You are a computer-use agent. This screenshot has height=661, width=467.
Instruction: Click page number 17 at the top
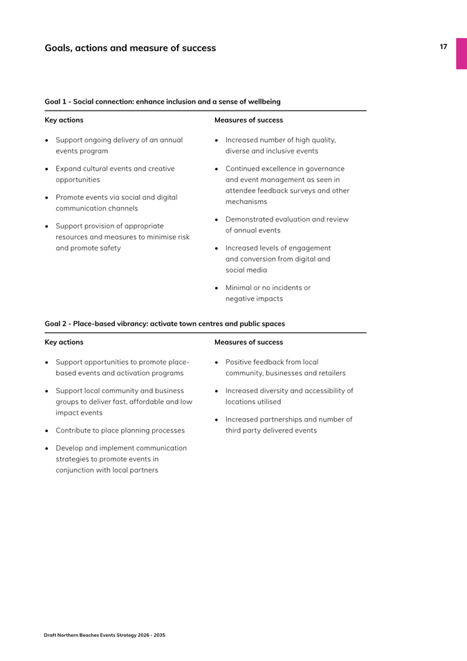443,47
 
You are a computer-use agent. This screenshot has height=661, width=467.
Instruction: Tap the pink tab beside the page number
461,53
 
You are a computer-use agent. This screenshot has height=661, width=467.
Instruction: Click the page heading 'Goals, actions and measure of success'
130,48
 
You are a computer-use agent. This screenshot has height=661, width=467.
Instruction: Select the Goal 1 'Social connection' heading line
163,102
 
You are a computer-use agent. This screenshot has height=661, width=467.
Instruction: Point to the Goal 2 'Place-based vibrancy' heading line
165,323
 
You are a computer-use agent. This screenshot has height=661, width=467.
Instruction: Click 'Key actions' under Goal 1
64,120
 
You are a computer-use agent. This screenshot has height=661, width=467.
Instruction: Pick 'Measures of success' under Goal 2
248,342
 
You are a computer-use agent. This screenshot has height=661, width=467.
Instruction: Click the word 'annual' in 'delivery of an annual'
170,140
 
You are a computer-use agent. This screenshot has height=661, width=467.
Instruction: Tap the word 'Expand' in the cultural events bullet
69,168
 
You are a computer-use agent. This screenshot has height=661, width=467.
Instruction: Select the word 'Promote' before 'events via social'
71,197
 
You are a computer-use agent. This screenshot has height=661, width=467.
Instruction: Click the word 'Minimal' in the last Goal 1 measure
239,288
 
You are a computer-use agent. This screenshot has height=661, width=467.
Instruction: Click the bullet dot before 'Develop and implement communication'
46,449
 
